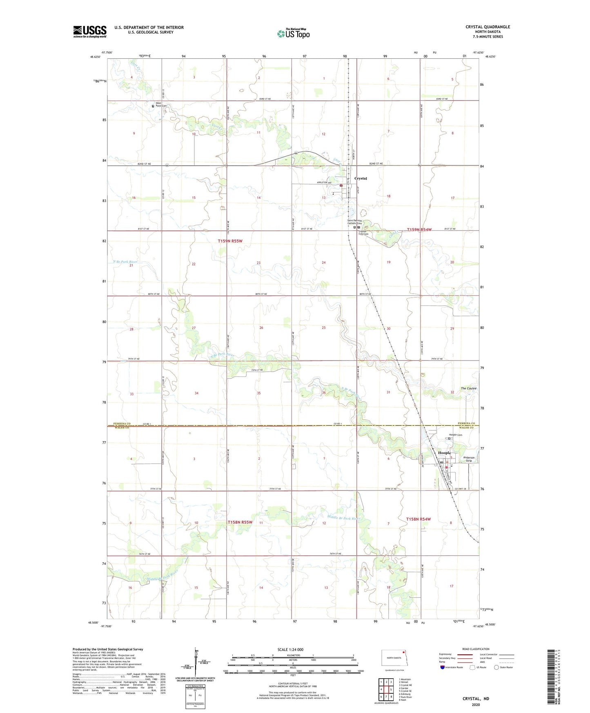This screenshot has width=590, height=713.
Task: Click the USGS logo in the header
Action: pos(90,31)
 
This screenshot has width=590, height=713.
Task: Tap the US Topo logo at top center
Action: pos(293,33)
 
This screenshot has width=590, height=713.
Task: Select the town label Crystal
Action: pos(361,178)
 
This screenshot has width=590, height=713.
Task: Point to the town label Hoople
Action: pos(444,453)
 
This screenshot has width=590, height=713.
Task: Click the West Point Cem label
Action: pos(161,105)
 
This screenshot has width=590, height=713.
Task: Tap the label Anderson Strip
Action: pos(469,459)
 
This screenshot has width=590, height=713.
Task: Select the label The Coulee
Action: pos(468,388)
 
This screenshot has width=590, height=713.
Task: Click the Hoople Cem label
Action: pos(456,435)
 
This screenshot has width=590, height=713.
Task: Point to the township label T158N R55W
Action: pos(240,522)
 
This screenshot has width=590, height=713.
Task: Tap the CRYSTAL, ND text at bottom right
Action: pos(476,699)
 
